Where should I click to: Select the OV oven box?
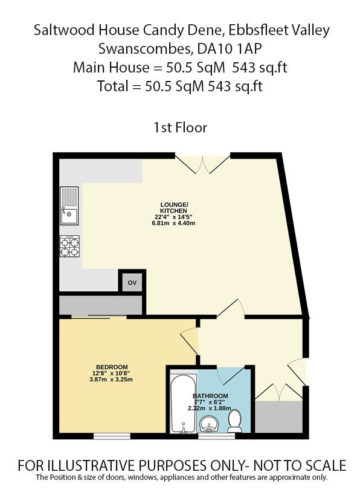click(132, 282)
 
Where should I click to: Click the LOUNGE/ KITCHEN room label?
click(173, 206)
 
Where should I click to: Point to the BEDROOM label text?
click(112, 367)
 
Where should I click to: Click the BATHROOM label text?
click(211, 396)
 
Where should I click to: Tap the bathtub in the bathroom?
click(182, 403)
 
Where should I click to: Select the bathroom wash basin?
click(209, 423)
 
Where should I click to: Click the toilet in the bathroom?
click(236, 419)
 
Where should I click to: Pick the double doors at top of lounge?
click(202, 164)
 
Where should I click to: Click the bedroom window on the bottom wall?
click(111, 435)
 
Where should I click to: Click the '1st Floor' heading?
click(181, 128)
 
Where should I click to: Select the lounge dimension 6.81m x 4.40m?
click(174, 222)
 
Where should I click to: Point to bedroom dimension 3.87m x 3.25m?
click(112, 380)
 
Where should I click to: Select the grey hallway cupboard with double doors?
click(278, 413)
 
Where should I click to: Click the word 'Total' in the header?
click(115, 86)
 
